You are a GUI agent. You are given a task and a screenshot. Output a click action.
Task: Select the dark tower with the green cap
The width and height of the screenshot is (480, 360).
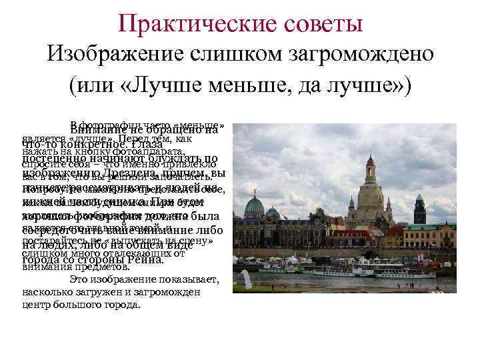point(419,209)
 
